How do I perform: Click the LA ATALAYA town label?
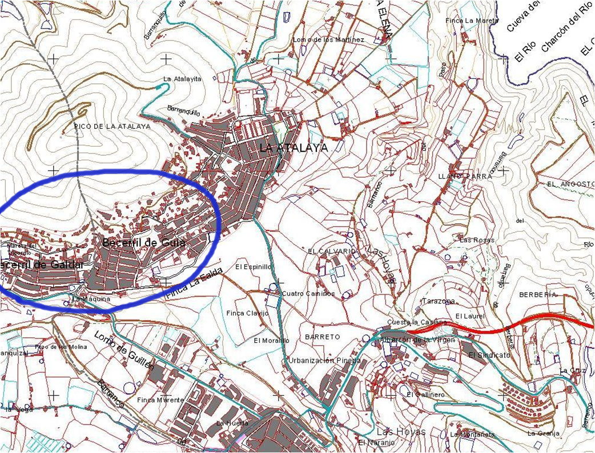294,148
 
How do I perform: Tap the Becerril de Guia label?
143,242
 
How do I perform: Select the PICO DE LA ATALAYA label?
112,126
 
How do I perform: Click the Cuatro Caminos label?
308,293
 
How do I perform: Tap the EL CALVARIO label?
332,251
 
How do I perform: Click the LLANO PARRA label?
465,177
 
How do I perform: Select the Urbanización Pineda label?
324,361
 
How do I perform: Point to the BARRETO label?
322,337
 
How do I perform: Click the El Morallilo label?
271,341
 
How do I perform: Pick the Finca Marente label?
160,400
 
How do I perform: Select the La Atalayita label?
183,79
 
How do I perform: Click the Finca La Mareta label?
472,21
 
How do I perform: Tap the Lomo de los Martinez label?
328,40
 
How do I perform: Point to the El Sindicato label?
489,355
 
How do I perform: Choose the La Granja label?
544,433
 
